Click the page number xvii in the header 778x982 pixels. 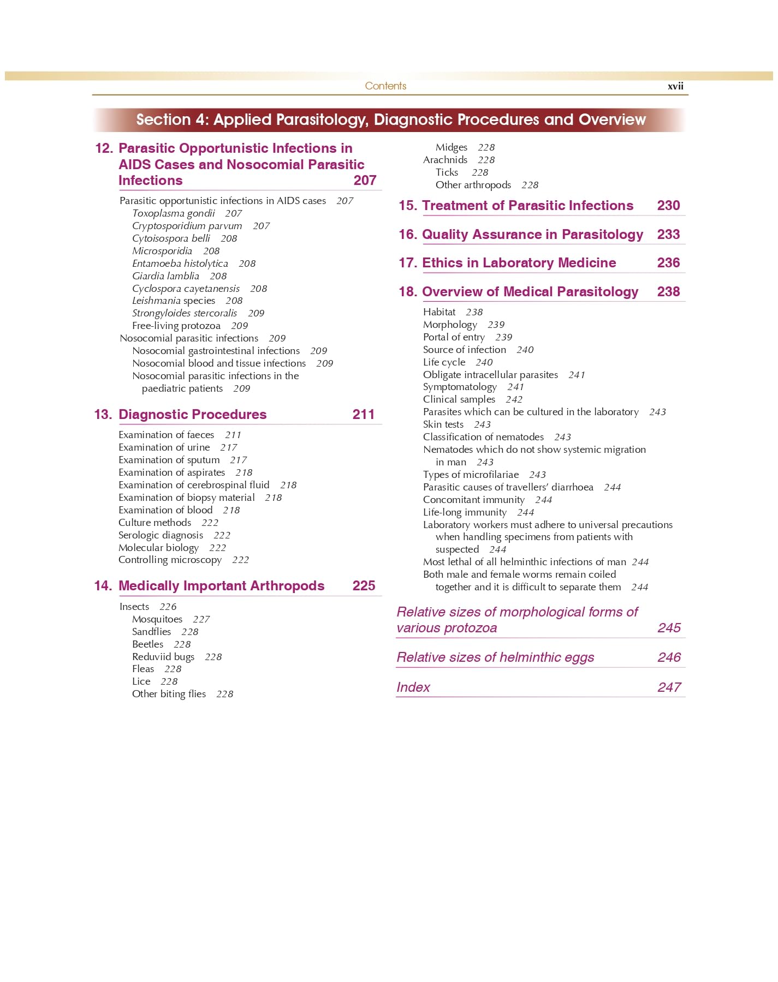tap(675, 86)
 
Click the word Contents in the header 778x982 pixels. tap(385, 86)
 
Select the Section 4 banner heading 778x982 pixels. tap(390, 120)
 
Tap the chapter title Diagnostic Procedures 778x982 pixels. tap(192, 415)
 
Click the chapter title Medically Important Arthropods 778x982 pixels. tap(221, 586)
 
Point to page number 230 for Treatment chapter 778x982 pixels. tap(668, 206)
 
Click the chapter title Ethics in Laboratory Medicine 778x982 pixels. tap(519, 263)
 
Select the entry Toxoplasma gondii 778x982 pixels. tap(173, 213)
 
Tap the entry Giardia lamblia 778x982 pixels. tap(165, 276)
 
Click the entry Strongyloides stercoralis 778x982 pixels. tap(184, 313)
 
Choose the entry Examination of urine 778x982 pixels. tap(164, 447)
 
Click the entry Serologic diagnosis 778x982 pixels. tap(161, 535)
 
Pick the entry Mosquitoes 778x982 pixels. tap(157, 619)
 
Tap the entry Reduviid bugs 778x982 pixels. tap(163, 657)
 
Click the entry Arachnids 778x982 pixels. tap(445, 160)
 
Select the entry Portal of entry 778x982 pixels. tap(454, 337)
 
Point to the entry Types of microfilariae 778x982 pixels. tap(471, 475)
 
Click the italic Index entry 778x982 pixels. tap(413, 687)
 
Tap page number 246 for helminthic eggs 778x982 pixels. tap(669, 657)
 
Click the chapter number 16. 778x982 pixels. tap(407, 235)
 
